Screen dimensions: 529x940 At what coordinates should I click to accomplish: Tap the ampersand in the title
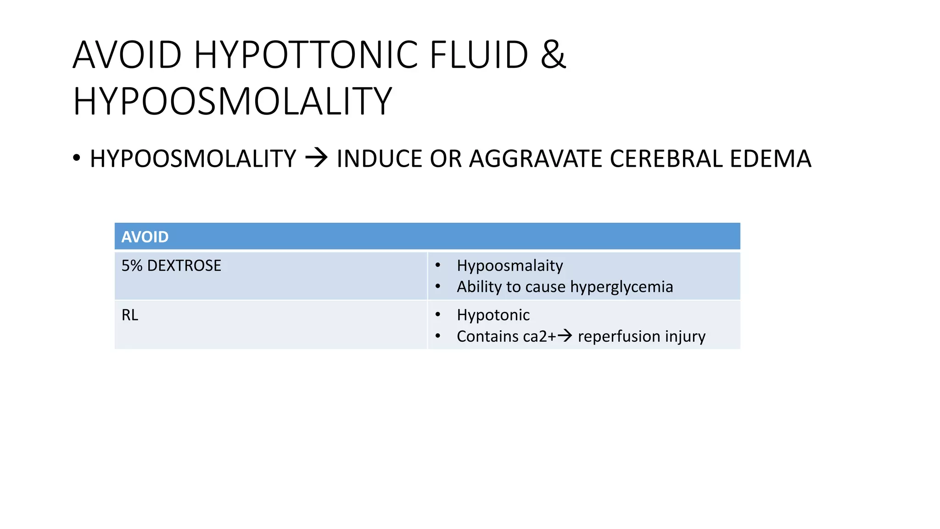point(553,55)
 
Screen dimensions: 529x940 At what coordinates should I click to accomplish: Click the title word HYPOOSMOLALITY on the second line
point(232,101)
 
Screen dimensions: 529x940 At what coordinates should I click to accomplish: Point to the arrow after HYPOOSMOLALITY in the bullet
point(316,158)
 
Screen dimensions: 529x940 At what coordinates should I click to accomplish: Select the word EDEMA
point(771,159)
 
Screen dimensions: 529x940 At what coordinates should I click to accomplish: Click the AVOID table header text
point(145,237)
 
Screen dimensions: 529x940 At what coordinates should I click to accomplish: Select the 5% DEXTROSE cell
point(171,266)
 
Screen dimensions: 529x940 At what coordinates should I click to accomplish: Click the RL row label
point(130,315)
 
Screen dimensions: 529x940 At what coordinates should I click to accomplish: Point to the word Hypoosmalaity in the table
point(509,266)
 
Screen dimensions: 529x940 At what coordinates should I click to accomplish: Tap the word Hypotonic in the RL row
point(493,315)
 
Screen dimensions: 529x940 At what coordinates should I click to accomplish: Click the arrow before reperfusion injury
point(565,336)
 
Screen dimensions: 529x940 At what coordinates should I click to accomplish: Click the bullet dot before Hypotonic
point(438,315)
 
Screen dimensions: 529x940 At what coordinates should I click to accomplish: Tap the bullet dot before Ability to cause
point(438,287)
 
